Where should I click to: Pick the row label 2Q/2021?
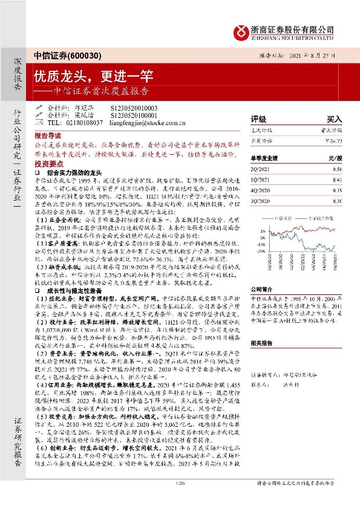[260, 170]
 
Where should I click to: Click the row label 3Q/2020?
[260, 199]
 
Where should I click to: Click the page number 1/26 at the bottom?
[180, 501]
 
